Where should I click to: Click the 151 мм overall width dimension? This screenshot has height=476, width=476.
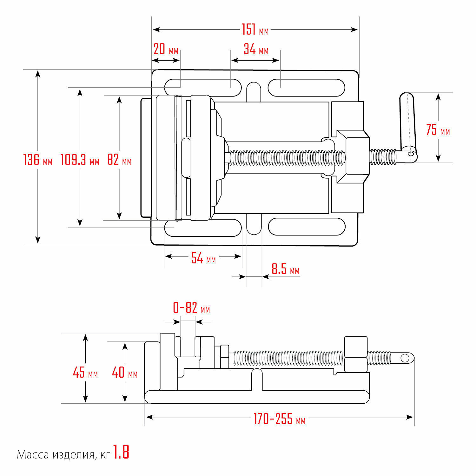[x=255, y=30]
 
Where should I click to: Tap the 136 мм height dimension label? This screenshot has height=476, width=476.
[x=37, y=160]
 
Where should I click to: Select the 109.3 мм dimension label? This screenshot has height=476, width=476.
[x=80, y=160]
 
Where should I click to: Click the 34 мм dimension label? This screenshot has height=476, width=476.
[x=256, y=50]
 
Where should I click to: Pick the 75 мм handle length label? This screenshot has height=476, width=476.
[x=438, y=130]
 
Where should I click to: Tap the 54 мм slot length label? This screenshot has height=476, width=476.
[x=203, y=259]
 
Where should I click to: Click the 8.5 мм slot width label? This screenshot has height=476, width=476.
[x=285, y=269]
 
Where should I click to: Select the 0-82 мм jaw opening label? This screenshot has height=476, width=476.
[x=191, y=308]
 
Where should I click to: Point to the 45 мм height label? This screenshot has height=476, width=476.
[x=85, y=373]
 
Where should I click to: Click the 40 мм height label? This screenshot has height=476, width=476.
[x=124, y=373]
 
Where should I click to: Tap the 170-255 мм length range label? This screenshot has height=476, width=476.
[x=279, y=419]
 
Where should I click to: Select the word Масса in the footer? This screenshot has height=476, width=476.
[x=33, y=455]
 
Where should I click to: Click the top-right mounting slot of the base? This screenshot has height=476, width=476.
[x=306, y=88]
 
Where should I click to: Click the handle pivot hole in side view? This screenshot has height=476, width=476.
[x=405, y=358]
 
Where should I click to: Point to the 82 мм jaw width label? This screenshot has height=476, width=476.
[x=119, y=160]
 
